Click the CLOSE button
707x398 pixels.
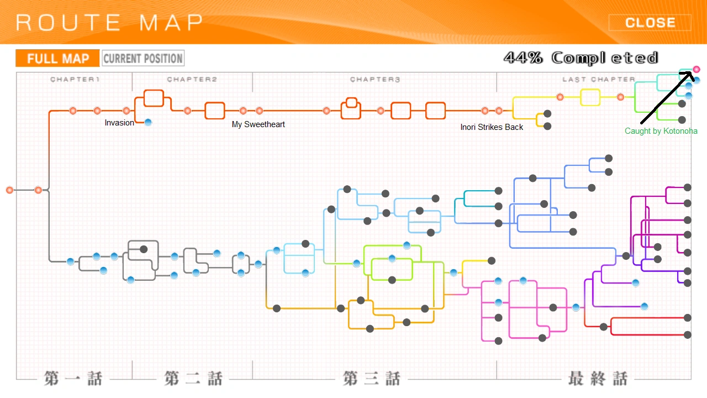click(650, 23)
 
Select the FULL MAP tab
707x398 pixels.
click(57, 59)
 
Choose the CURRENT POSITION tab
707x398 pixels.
click(143, 59)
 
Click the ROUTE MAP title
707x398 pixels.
click(109, 23)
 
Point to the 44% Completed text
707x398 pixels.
click(581, 57)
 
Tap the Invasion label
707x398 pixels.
click(119, 123)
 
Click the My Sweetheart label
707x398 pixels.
click(258, 124)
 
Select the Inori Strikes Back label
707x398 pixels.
click(492, 127)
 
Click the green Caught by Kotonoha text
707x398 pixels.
click(661, 131)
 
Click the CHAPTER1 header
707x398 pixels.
click(75, 80)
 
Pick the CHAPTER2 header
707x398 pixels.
click(192, 80)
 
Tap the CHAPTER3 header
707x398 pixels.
click(375, 80)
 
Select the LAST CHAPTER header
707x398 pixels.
click(599, 80)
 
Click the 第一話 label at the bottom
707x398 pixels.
click(73, 379)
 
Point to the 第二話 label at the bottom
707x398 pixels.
click(193, 379)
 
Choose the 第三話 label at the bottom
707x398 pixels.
click(372, 379)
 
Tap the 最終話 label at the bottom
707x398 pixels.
click(598, 379)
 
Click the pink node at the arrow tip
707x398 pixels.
click(697, 69)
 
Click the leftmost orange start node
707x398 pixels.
click(9, 190)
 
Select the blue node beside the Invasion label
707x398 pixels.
click(148, 122)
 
